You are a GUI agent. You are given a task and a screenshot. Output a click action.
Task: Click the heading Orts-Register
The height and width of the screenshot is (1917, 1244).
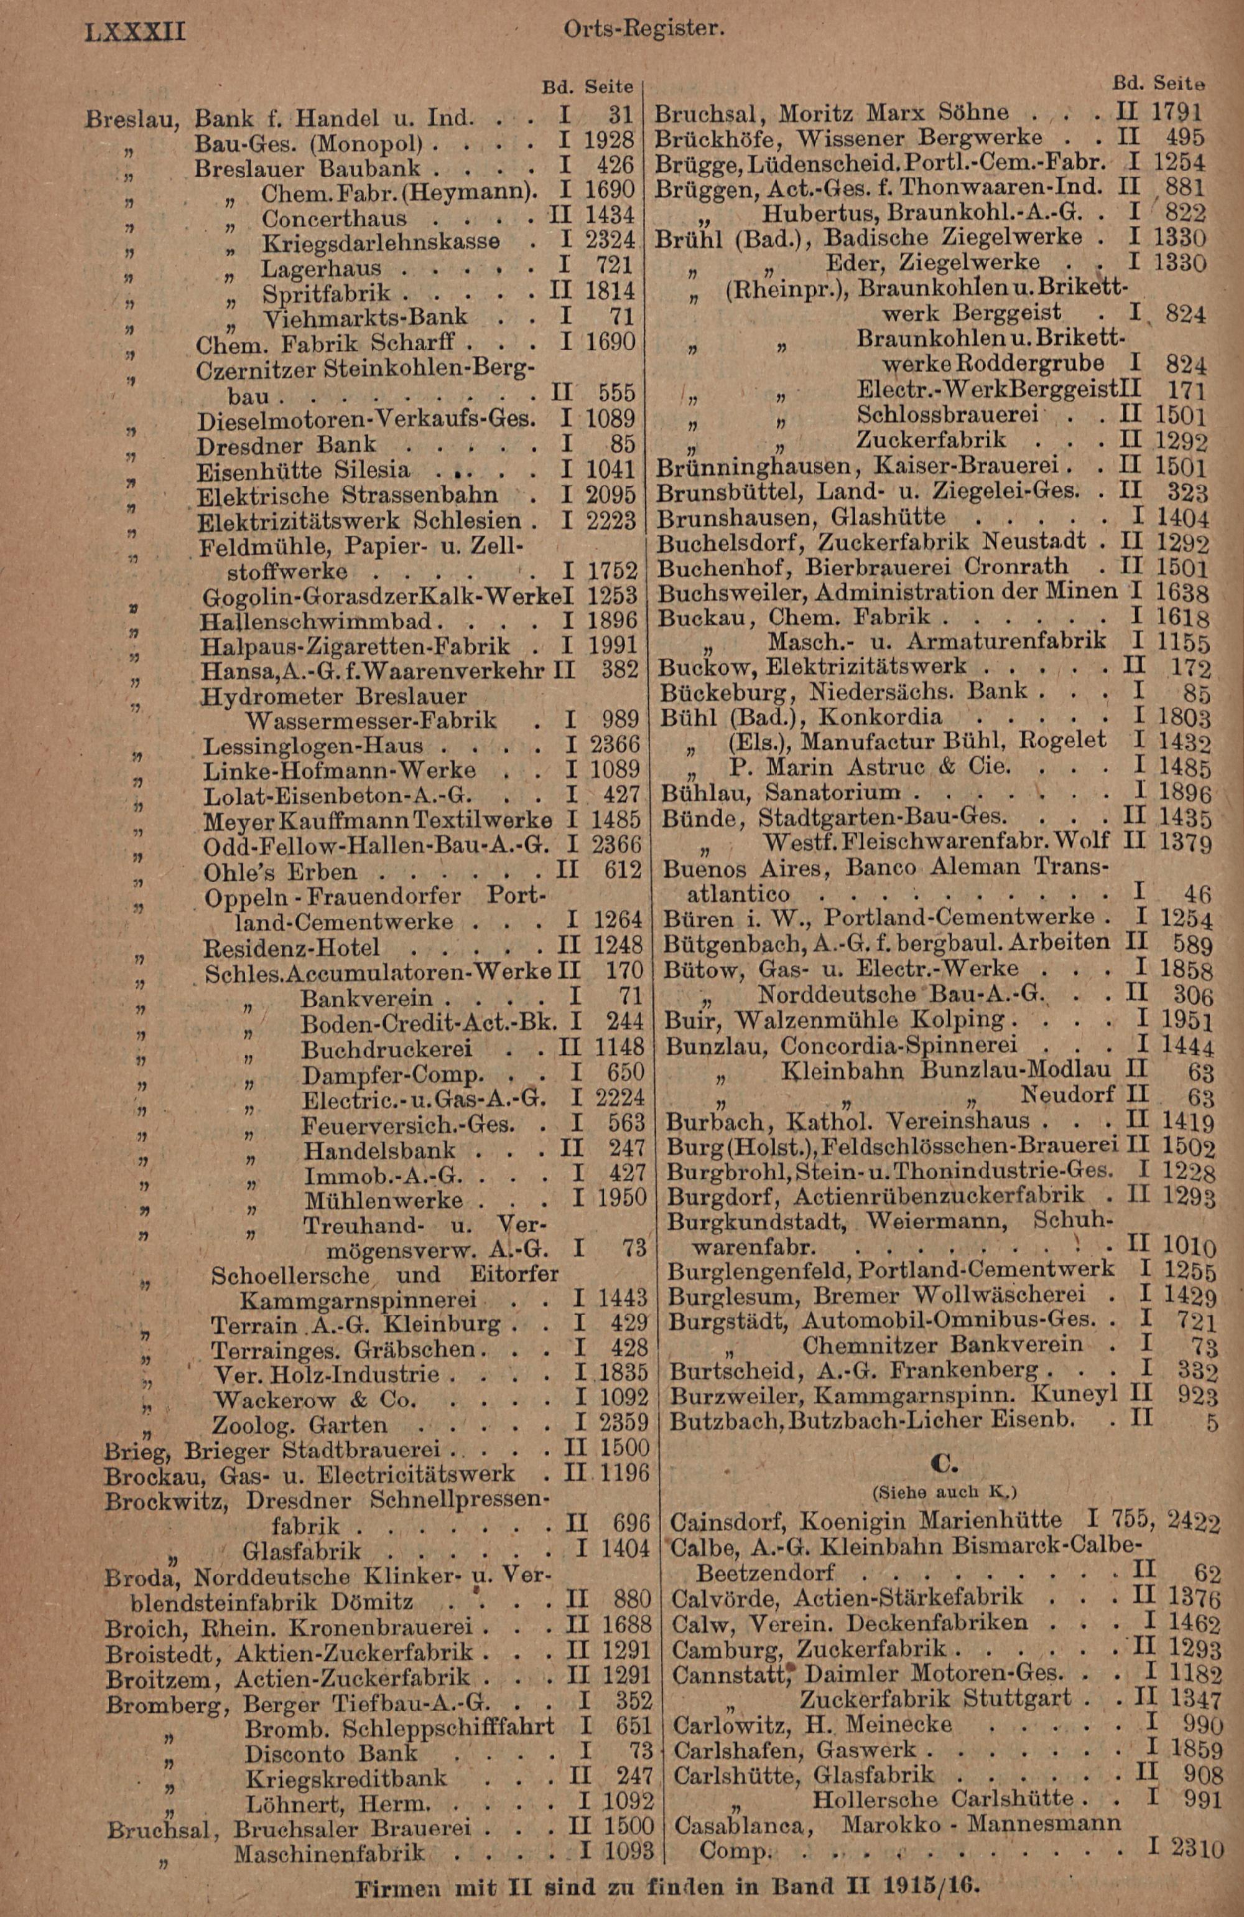(x=644, y=30)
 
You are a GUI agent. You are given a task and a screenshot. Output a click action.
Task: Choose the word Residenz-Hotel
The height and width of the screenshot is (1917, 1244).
(x=292, y=947)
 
